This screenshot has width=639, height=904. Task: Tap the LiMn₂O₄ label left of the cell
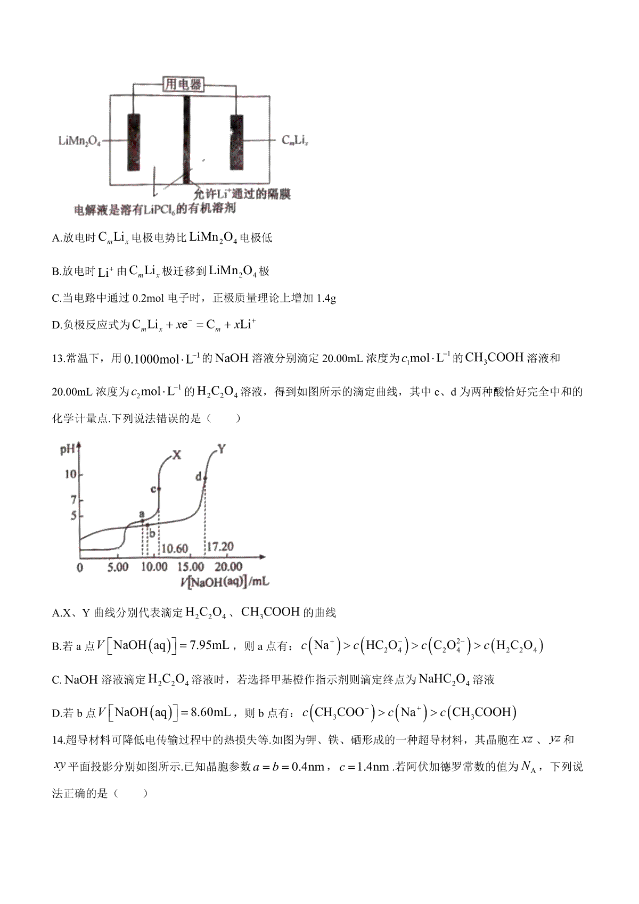click(x=79, y=141)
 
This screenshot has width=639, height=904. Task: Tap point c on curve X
click(x=159, y=489)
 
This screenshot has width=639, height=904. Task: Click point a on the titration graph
click(x=142, y=521)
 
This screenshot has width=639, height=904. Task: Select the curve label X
click(x=177, y=455)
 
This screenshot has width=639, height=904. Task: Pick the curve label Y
click(x=222, y=449)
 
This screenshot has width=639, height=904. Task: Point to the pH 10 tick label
click(x=70, y=474)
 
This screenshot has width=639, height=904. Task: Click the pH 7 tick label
click(x=73, y=500)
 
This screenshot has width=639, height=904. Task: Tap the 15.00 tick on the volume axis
click(x=191, y=567)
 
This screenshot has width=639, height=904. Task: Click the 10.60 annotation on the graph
click(x=174, y=548)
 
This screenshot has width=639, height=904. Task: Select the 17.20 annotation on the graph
click(x=220, y=547)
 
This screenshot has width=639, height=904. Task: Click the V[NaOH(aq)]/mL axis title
click(x=225, y=582)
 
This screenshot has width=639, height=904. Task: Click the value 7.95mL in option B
click(x=208, y=646)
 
